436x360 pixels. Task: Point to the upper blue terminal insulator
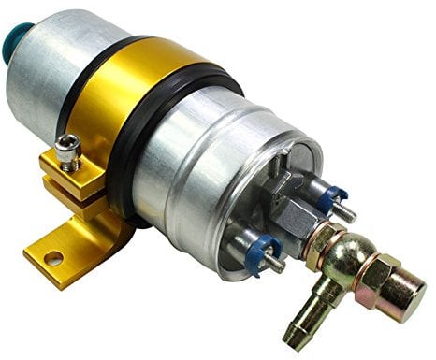point(330,199)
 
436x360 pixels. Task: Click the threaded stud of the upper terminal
point(347,211)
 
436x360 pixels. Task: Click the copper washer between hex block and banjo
point(322,244)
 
